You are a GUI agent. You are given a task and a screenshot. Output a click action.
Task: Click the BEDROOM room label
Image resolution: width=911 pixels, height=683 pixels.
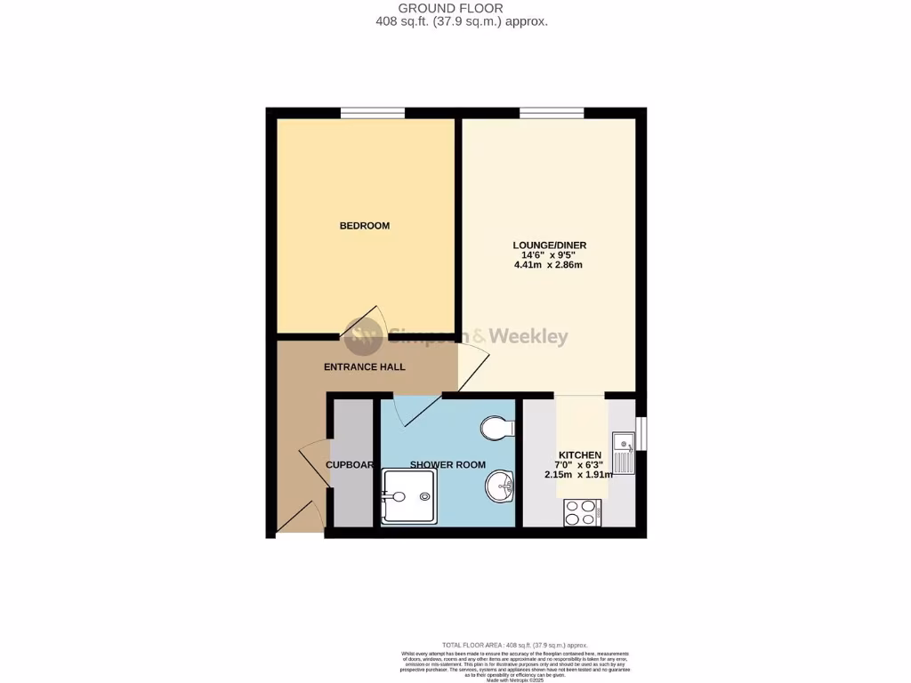365,226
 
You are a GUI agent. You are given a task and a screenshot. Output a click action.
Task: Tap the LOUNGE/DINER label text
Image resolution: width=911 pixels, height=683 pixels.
549,245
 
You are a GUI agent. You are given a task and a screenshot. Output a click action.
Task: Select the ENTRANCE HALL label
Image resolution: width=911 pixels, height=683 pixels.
365,366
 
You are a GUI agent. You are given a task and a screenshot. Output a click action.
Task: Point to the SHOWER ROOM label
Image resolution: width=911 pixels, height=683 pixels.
447,465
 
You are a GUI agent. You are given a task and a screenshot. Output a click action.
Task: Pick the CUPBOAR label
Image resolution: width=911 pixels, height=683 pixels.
350,465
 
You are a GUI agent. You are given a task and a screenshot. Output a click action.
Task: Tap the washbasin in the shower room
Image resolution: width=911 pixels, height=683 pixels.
500,486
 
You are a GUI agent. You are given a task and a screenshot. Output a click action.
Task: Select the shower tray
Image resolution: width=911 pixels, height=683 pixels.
408,497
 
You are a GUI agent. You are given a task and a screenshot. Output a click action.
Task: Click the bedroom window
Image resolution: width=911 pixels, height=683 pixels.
373,113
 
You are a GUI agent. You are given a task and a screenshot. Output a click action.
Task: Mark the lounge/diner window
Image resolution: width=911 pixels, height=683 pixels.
552,113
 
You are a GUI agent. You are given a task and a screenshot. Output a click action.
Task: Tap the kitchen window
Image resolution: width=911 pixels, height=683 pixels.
641,429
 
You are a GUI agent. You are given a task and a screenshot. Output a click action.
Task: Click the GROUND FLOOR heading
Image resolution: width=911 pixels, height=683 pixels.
463,8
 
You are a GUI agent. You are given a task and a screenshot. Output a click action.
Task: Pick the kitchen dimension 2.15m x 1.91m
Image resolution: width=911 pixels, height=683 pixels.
578,475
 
